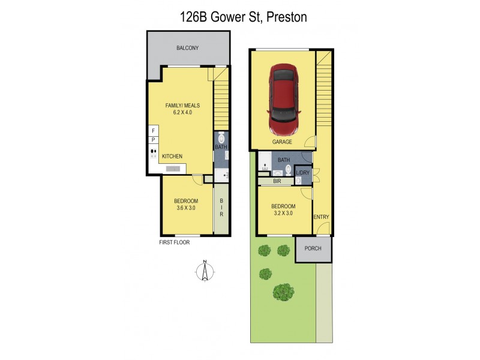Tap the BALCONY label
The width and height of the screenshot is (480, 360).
[187, 48]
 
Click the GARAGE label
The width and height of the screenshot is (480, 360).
[281, 142]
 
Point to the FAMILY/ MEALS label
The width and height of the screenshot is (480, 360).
[182, 106]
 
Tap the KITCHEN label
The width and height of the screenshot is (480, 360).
[172, 156]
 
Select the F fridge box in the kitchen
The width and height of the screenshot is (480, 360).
[153, 130]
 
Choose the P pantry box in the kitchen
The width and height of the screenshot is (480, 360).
[153, 140]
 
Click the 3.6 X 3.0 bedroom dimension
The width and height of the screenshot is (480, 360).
[185, 208]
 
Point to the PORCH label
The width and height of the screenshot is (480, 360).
[313, 248]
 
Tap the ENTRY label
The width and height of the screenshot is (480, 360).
[321, 217]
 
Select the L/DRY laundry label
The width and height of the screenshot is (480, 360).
[302, 173]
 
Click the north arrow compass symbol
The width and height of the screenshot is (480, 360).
[205, 271]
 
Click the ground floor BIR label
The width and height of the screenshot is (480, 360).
[277, 181]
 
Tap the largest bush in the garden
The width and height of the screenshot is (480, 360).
[283, 292]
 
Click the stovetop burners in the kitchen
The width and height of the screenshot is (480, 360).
[153, 153]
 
